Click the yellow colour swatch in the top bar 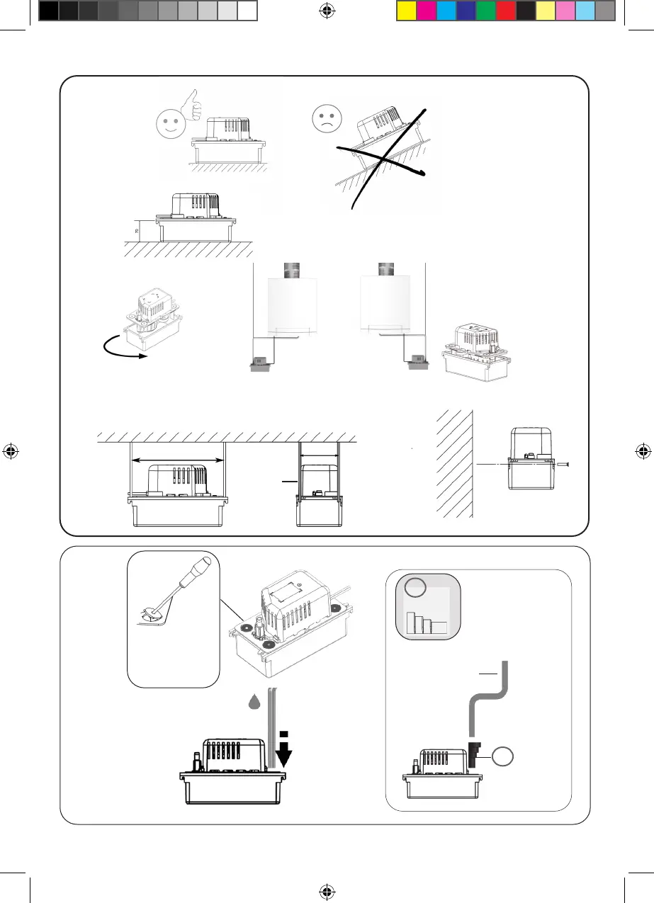click(x=406, y=11)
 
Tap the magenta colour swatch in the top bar click(x=426, y=11)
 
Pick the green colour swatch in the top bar click(x=485, y=11)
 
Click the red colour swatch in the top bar click(x=505, y=11)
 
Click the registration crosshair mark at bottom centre click(x=327, y=891)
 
